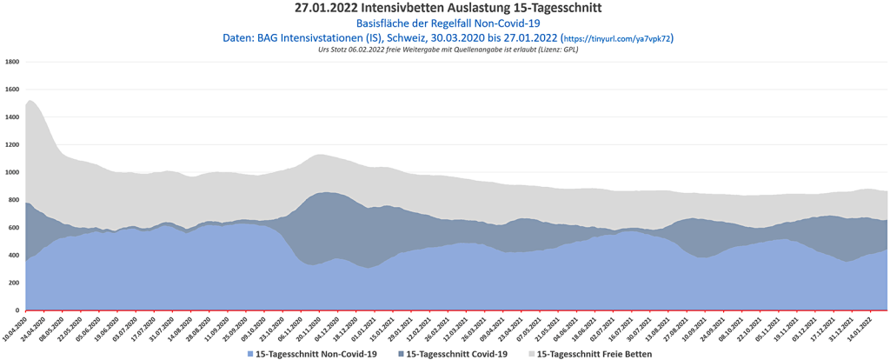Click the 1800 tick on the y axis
click(x=13, y=62)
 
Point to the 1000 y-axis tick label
click(x=13, y=172)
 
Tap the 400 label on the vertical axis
click(x=15, y=255)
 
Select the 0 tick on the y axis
click(x=17, y=310)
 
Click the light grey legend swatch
click(x=532, y=354)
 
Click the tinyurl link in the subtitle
click(x=618, y=39)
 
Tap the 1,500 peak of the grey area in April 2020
click(x=30, y=101)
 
